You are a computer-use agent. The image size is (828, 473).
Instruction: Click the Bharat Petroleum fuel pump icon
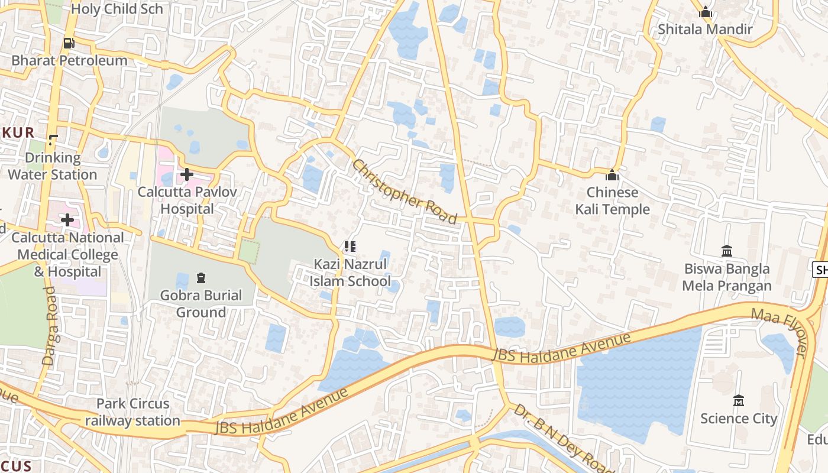69,43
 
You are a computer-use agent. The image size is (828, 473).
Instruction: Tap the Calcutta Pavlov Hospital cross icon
187,174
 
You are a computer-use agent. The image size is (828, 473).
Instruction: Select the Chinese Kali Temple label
612,201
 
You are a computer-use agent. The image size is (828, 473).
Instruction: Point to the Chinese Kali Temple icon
612,175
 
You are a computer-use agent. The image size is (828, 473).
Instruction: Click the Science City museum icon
738,401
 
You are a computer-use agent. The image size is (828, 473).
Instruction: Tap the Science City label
738,419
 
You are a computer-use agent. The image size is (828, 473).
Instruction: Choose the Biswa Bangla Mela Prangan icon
727,251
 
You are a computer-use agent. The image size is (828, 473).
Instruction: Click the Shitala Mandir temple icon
705,12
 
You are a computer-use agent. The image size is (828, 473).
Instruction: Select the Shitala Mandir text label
705,29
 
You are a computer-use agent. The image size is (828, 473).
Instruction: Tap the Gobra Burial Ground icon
201,277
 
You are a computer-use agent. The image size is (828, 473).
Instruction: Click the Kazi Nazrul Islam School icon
350,246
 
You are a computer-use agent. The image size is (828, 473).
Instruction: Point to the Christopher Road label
405,192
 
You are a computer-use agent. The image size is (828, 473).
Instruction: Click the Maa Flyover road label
779,332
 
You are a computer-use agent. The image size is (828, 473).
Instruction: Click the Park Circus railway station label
133,412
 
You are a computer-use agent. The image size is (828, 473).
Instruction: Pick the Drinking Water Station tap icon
53,140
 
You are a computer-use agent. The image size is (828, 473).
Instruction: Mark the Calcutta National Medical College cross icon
67,221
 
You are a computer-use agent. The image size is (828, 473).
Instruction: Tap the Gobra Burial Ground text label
201,303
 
